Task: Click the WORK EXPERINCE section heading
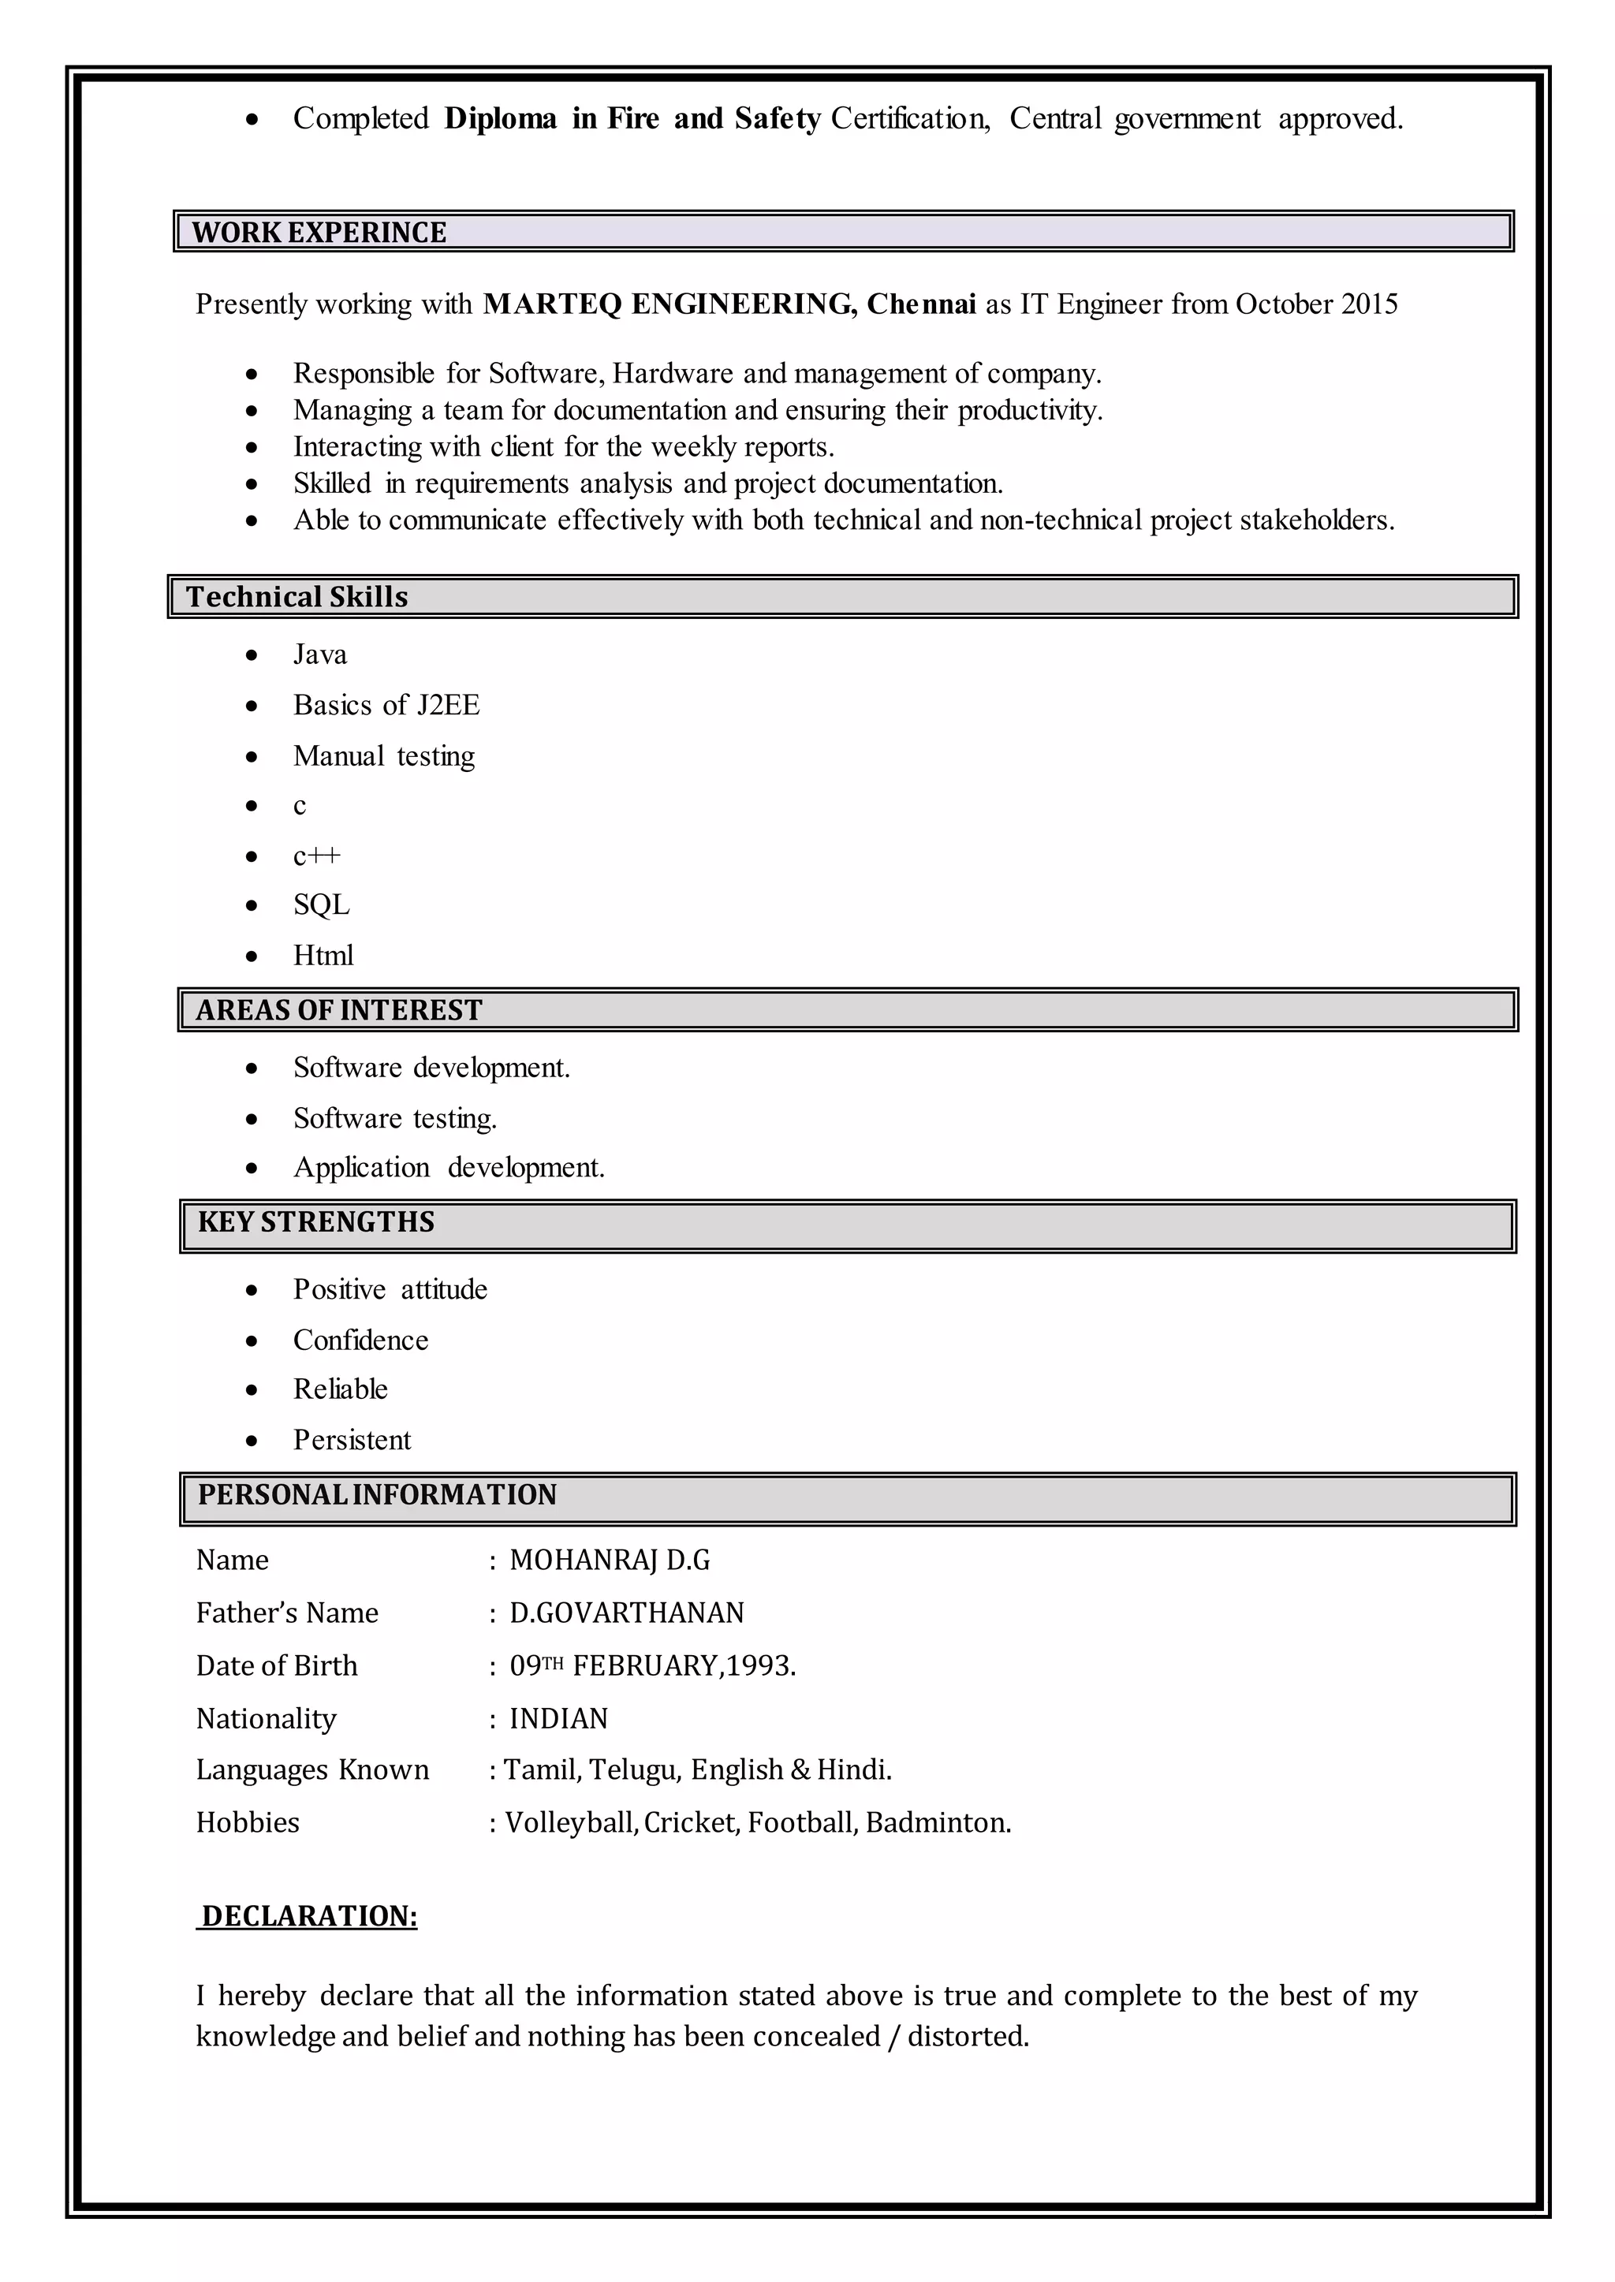click(x=319, y=233)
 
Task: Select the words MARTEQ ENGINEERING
click(x=668, y=304)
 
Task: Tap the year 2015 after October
click(x=1370, y=304)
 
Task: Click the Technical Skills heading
click(x=297, y=597)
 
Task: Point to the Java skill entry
click(x=319, y=654)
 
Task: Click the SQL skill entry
click(x=321, y=905)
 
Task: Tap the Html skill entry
click(x=323, y=956)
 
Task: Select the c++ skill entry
click(x=316, y=855)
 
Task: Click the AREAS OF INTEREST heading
click(x=338, y=1010)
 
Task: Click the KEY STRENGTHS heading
click(x=315, y=1222)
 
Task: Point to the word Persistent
click(x=351, y=1440)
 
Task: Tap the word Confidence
click(x=360, y=1340)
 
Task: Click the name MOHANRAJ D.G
click(x=610, y=1560)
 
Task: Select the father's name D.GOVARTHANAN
click(x=626, y=1613)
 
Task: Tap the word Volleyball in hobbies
click(x=571, y=1822)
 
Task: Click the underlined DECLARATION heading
click(x=308, y=1916)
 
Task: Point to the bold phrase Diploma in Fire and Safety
click(x=632, y=119)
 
